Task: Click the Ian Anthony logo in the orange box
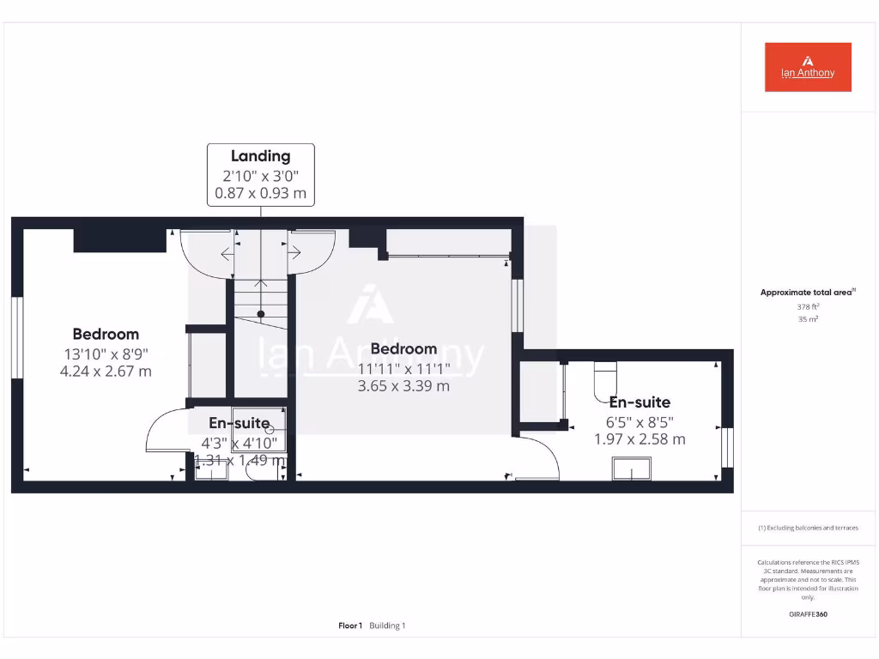point(808,67)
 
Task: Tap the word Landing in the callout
point(260,156)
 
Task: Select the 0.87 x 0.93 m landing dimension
point(260,193)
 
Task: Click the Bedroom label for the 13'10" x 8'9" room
point(106,334)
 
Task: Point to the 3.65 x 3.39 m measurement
point(403,386)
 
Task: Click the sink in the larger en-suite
point(631,469)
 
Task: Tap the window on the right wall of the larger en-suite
point(728,447)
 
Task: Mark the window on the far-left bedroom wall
point(15,337)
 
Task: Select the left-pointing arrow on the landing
point(227,253)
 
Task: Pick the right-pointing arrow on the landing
point(294,252)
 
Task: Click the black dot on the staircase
point(260,314)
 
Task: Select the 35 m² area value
point(807,319)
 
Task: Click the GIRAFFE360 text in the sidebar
point(807,614)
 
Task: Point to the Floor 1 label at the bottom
point(350,626)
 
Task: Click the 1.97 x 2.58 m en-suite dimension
point(640,439)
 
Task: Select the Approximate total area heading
point(806,293)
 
